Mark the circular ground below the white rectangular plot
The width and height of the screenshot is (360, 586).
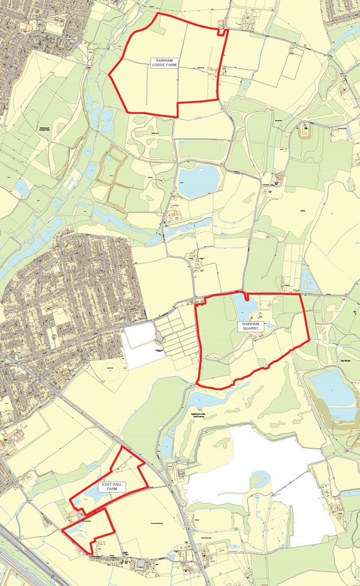coord(110,375)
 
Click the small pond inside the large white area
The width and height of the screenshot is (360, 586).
coord(261,478)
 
